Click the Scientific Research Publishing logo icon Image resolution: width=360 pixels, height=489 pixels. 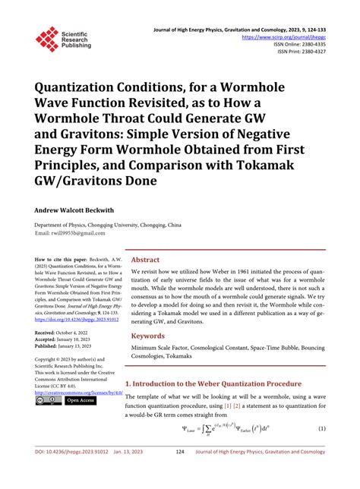(46, 39)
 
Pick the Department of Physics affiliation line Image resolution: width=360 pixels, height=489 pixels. (106, 226)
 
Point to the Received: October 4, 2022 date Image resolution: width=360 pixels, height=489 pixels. (65, 333)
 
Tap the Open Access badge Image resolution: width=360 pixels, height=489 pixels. (81, 400)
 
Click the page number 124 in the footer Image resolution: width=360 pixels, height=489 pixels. (180, 473)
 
